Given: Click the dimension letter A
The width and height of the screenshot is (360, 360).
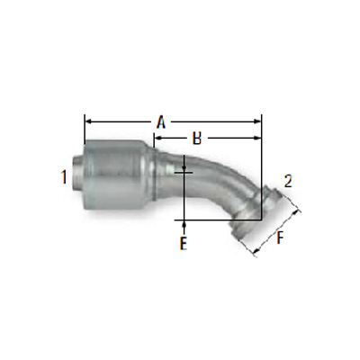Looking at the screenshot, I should pos(161,120).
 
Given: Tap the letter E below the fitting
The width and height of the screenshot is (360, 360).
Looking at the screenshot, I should pos(183,244).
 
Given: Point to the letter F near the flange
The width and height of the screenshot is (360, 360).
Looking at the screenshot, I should pos(282,238).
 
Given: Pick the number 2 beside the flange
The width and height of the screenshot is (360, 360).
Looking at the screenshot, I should pos(288,180).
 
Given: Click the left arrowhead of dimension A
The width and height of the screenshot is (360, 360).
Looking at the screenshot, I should pos(87,119).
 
